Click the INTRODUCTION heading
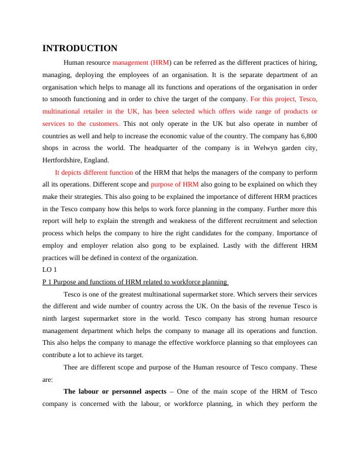coord(80,48)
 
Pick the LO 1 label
coord(50,271)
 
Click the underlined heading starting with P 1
coord(135,282)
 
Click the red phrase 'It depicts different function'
coord(94,172)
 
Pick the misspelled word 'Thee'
coord(71,367)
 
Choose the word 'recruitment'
coord(236,222)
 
